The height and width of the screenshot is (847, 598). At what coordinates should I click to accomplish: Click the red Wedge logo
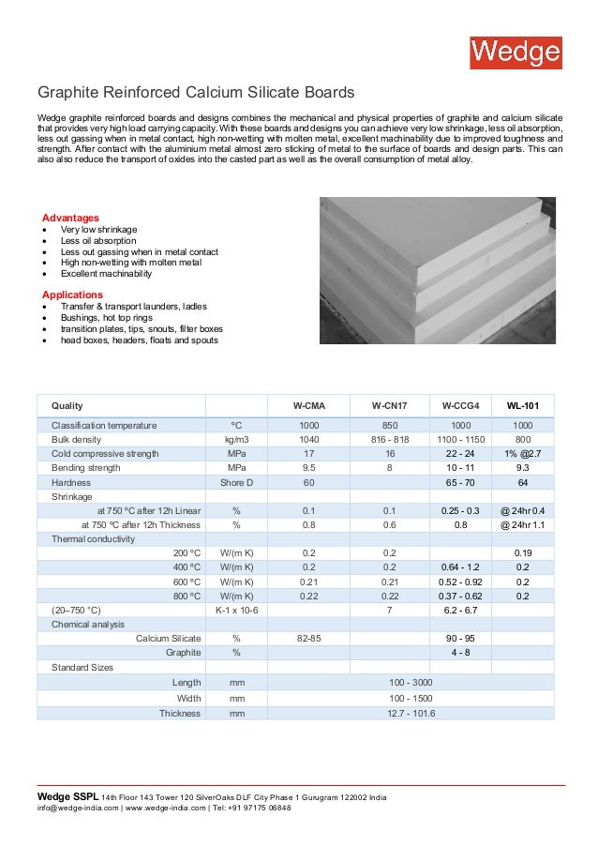[x=516, y=52]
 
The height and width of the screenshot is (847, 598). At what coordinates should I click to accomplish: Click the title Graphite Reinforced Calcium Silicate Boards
[x=195, y=93]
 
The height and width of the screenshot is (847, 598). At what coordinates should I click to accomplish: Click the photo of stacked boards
[x=438, y=270]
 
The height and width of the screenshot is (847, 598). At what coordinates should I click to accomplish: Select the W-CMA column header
[x=308, y=406]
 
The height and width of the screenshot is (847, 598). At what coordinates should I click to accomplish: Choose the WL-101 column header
[x=523, y=406]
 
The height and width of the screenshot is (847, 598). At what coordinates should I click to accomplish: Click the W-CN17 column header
[x=389, y=406]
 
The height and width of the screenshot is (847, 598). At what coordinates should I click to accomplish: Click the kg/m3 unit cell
[x=236, y=439]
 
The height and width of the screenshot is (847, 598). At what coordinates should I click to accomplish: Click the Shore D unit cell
[x=236, y=482]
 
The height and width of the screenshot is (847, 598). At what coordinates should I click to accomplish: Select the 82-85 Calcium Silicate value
[x=308, y=638]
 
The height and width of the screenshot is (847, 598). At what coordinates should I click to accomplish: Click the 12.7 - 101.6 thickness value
[x=411, y=713]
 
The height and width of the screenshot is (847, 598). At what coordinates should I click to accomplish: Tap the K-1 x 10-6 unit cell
[x=236, y=610]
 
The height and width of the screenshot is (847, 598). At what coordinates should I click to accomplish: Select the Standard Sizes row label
[x=82, y=667]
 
